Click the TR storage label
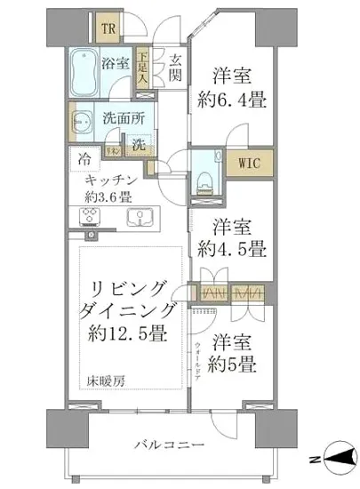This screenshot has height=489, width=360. pyautogui.click(x=109, y=28)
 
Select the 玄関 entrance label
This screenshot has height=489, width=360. pyautogui.click(x=175, y=67)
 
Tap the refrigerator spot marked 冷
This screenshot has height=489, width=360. pyautogui.click(x=84, y=162)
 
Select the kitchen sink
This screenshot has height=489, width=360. pyautogui.click(x=140, y=219)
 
